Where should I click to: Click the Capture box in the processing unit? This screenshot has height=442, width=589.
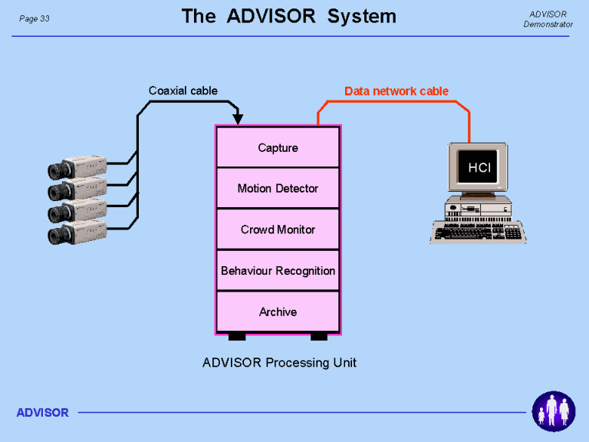[x=278, y=147]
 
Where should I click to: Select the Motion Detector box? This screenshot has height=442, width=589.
[x=278, y=188]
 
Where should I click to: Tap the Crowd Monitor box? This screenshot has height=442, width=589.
[x=278, y=229]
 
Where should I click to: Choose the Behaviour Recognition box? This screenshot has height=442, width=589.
[x=278, y=270]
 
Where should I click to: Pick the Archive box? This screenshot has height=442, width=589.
[x=278, y=312]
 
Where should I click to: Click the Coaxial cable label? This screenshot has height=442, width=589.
[x=183, y=91]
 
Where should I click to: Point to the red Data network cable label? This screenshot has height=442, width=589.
[x=397, y=91]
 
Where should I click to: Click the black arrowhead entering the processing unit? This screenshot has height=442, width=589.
[x=238, y=119]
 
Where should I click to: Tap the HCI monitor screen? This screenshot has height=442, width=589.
[x=479, y=167]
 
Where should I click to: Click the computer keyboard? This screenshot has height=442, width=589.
[x=478, y=232]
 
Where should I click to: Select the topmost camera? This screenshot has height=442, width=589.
[x=77, y=167]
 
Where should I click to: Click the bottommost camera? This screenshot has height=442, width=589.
[x=77, y=233]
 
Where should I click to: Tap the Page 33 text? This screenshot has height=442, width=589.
[x=35, y=18]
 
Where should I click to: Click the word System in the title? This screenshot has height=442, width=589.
[x=362, y=16]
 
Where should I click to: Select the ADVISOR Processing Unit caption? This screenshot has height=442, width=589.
[x=279, y=362]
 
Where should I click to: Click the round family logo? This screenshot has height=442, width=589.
[x=554, y=411]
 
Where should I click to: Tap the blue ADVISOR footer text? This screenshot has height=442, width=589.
[x=42, y=413]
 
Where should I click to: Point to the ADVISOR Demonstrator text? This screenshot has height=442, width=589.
[x=548, y=19]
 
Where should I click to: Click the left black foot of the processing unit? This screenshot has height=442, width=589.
[x=237, y=337]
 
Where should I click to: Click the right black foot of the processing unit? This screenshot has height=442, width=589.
[x=319, y=337]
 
